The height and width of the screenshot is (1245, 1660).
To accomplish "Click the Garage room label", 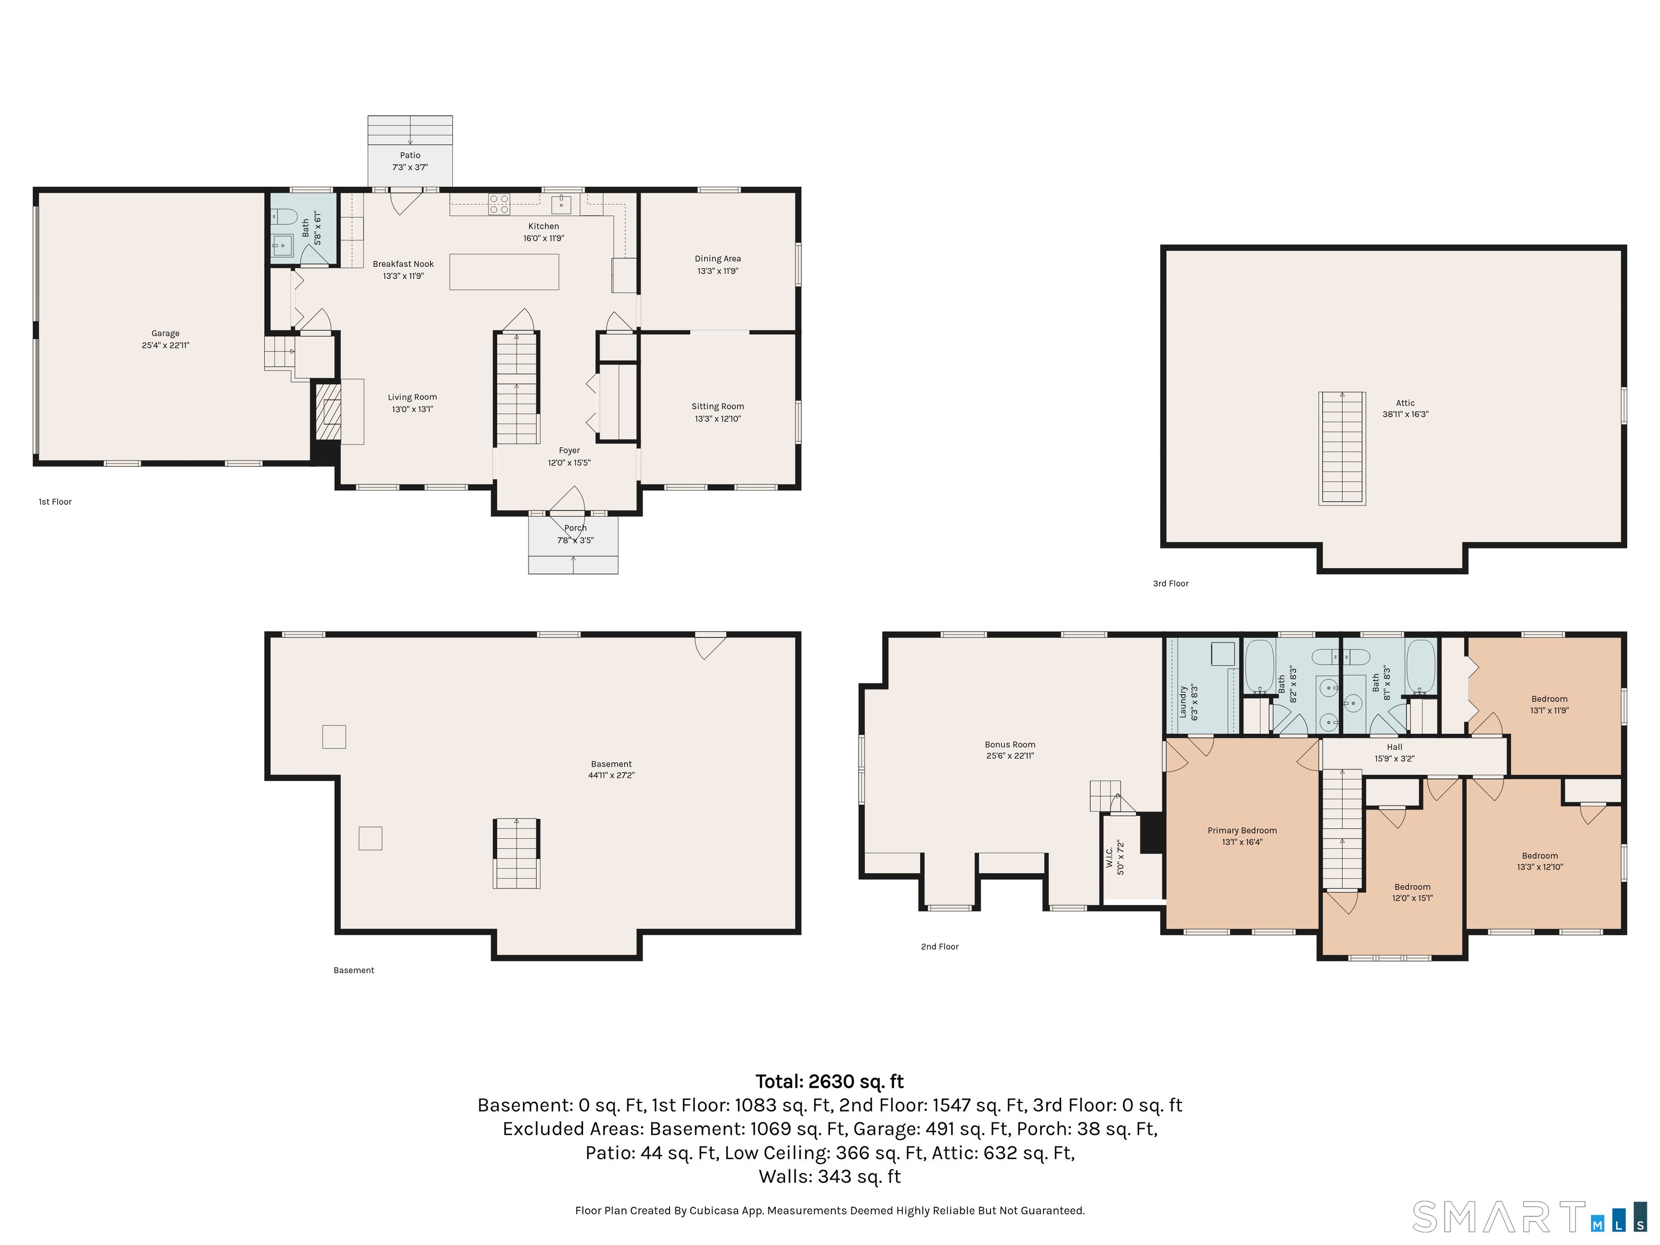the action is pyautogui.click(x=165, y=333).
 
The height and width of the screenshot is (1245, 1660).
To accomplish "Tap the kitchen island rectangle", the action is pyautogui.click(x=504, y=272).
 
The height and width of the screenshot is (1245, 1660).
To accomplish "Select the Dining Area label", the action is pyautogui.click(x=718, y=259).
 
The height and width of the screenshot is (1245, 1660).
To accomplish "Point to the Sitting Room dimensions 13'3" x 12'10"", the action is pyautogui.click(x=718, y=419).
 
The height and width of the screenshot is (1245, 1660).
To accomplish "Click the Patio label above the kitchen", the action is pyautogui.click(x=410, y=155).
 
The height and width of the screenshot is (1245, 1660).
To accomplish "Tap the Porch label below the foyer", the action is pyautogui.click(x=575, y=528).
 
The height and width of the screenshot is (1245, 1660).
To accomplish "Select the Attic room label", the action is pyautogui.click(x=1405, y=403).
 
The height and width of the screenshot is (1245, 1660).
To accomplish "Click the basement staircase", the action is pyautogui.click(x=516, y=853).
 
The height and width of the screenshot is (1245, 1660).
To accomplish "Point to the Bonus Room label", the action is pyautogui.click(x=1010, y=745).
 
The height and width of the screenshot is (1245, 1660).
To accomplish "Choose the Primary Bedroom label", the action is pyautogui.click(x=1242, y=830).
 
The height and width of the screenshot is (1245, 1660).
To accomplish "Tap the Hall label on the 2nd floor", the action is pyautogui.click(x=1394, y=747).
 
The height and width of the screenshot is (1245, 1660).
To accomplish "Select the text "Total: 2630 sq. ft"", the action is pyautogui.click(x=829, y=1081).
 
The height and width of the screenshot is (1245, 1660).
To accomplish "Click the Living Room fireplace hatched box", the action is pyautogui.click(x=327, y=412).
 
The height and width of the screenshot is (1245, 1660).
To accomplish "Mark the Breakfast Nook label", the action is pyautogui.click(x=403, y=264).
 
